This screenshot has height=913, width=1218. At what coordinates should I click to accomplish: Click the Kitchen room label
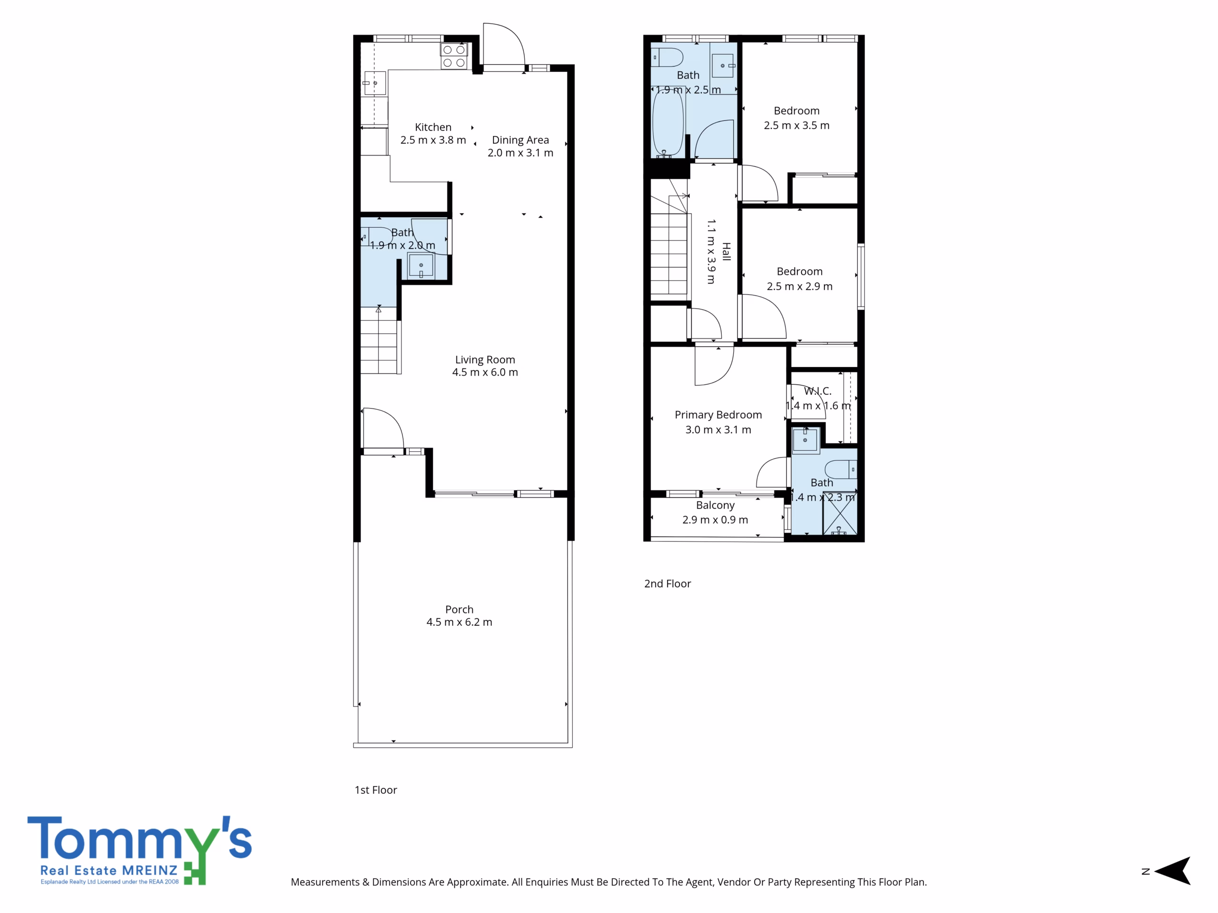click(433, 127)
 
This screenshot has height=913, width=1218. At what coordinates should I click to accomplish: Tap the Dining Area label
click(521, 140)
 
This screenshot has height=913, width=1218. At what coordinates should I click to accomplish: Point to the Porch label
click(459, 609)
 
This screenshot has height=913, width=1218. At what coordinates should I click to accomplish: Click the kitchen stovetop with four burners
click(454, 56)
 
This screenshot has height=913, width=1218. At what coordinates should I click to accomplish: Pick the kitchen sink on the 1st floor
click(374, 83)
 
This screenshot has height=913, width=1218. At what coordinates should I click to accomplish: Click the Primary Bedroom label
click(718, 415)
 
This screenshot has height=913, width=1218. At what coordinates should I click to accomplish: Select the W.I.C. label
click(818, 391)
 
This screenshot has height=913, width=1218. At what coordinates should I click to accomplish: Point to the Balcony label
click(715, 505)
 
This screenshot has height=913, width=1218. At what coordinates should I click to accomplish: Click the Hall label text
click(727, 252)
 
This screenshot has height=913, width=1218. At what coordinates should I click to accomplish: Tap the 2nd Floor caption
click(668, 583)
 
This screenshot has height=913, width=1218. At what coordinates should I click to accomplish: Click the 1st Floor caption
click(375, 790)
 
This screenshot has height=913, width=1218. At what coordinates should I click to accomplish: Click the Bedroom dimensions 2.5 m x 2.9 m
click(799, 286)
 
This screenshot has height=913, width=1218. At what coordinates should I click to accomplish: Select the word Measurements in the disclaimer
click(325, 882)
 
